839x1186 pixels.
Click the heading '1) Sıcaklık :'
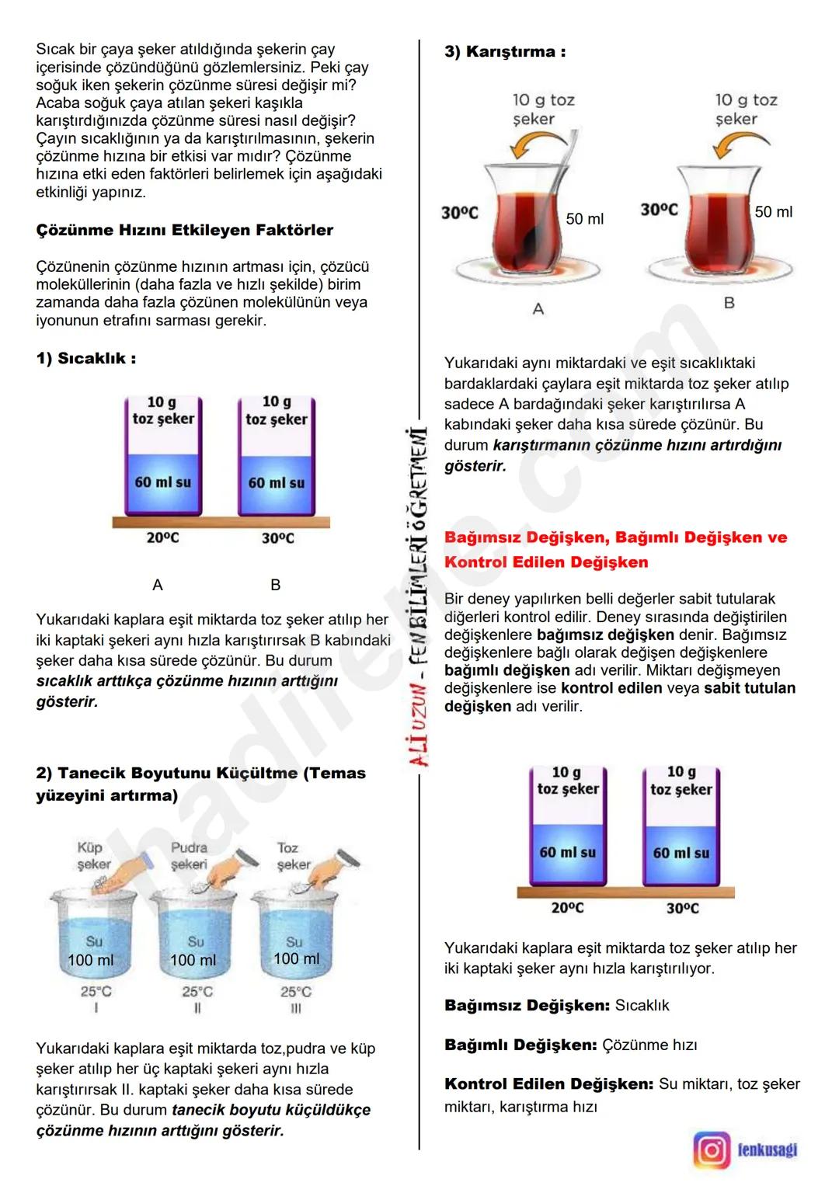(85, 358)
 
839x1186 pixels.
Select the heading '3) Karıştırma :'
(505, 52)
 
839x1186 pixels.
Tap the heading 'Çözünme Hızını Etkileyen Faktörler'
(184, 230)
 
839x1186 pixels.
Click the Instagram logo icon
(712, 1149)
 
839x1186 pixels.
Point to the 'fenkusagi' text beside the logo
(767, 1149)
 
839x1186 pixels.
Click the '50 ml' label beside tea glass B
(774, 212)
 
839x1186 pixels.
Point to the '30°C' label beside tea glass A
(460, 213)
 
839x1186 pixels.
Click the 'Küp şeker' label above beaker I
(93, 856)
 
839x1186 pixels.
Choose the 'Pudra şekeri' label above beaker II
(190, 856)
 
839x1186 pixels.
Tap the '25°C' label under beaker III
(296, 992)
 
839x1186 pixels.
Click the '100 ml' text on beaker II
(193, 960)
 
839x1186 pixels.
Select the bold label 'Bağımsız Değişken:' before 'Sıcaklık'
(527, 1005)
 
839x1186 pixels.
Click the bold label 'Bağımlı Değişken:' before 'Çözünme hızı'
(520, 1045)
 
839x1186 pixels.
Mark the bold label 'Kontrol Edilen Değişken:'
(548, 1083)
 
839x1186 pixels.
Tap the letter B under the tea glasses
(729, 303)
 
